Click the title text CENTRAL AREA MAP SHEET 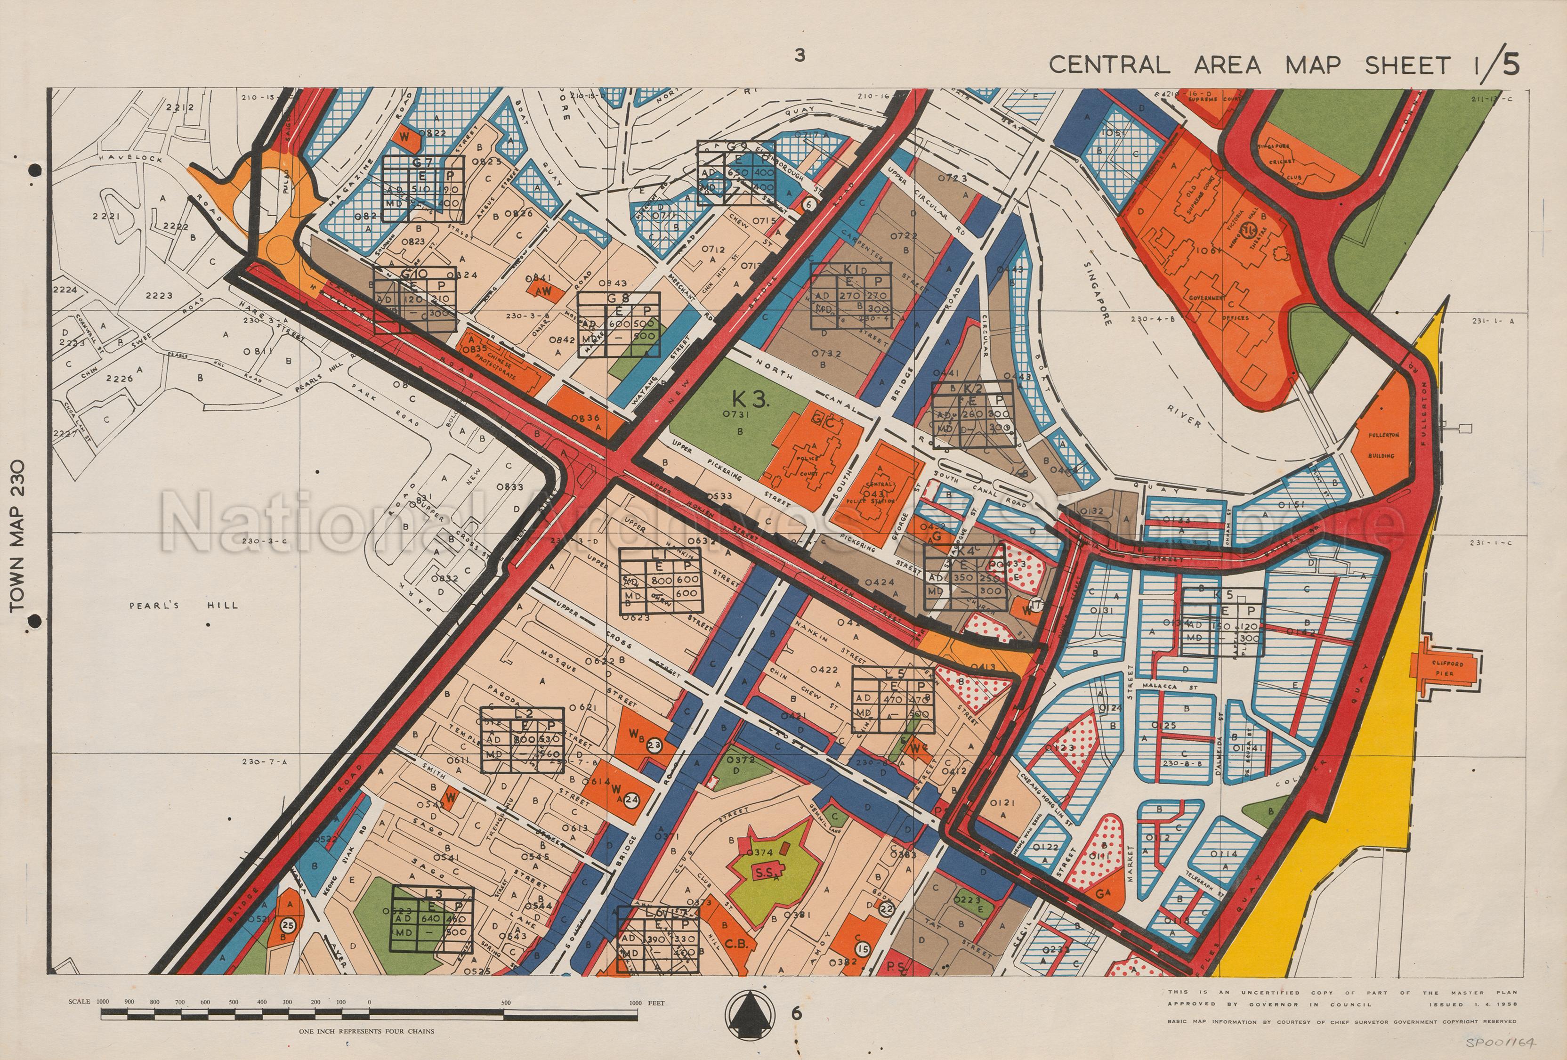(x=1249, y=65)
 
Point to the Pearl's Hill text (x=184, y=605)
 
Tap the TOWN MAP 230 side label (x=18, y=536)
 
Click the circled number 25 (x=288, y=926)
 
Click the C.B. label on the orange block (x=738, y=944)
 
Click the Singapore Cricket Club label (x=1283, y=162)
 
